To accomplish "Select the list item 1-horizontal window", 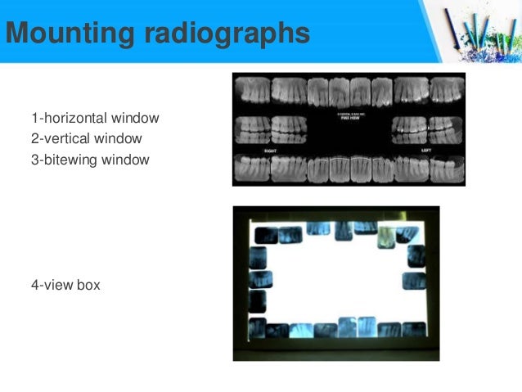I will click(95, 119).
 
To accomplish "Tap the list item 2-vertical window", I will click(87, 139).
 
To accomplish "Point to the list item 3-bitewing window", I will click(90, 160).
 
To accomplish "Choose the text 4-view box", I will click(65, 286).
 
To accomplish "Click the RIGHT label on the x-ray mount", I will click(269, 151).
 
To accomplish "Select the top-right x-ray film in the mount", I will click(448, 90).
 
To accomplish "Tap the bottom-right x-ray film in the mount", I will click(448, 169).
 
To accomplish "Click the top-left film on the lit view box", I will click(266, 236).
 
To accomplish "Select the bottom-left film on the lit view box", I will click(258, 327).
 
